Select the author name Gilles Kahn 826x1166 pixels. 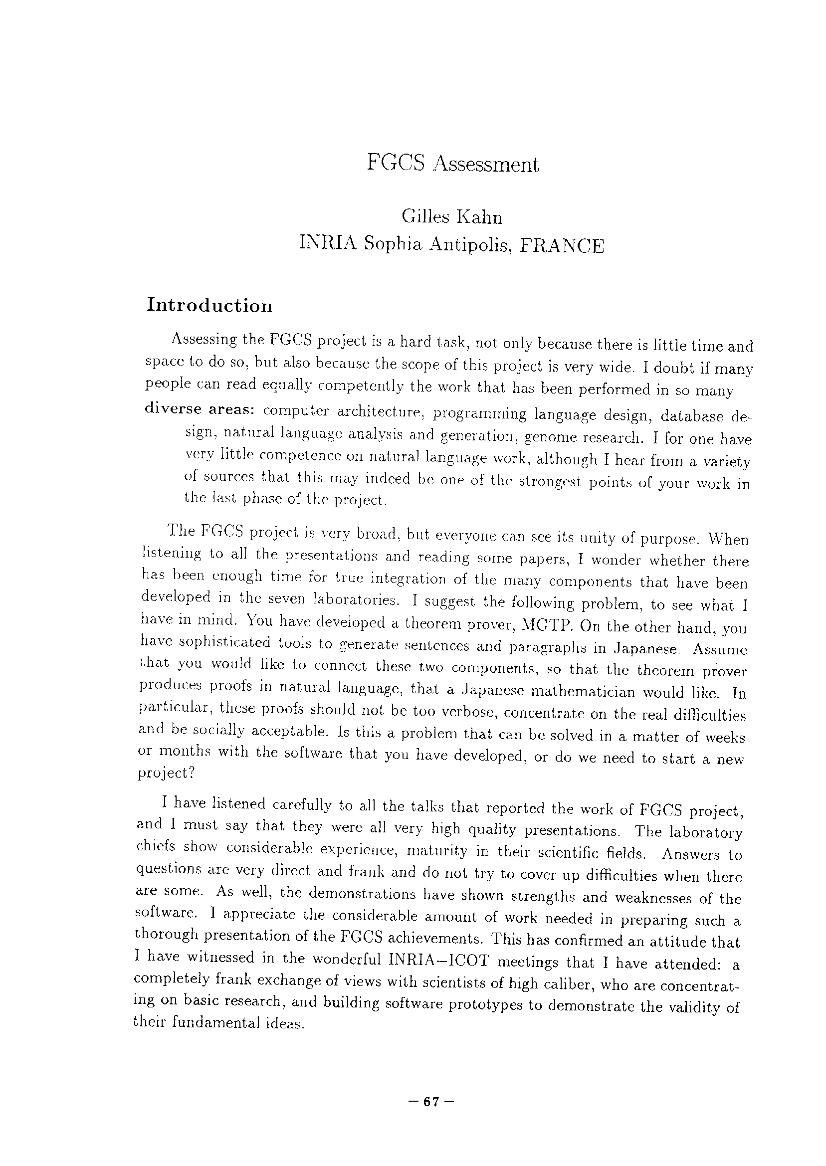pos(451,217)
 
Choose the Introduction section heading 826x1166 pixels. pos(209,306)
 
